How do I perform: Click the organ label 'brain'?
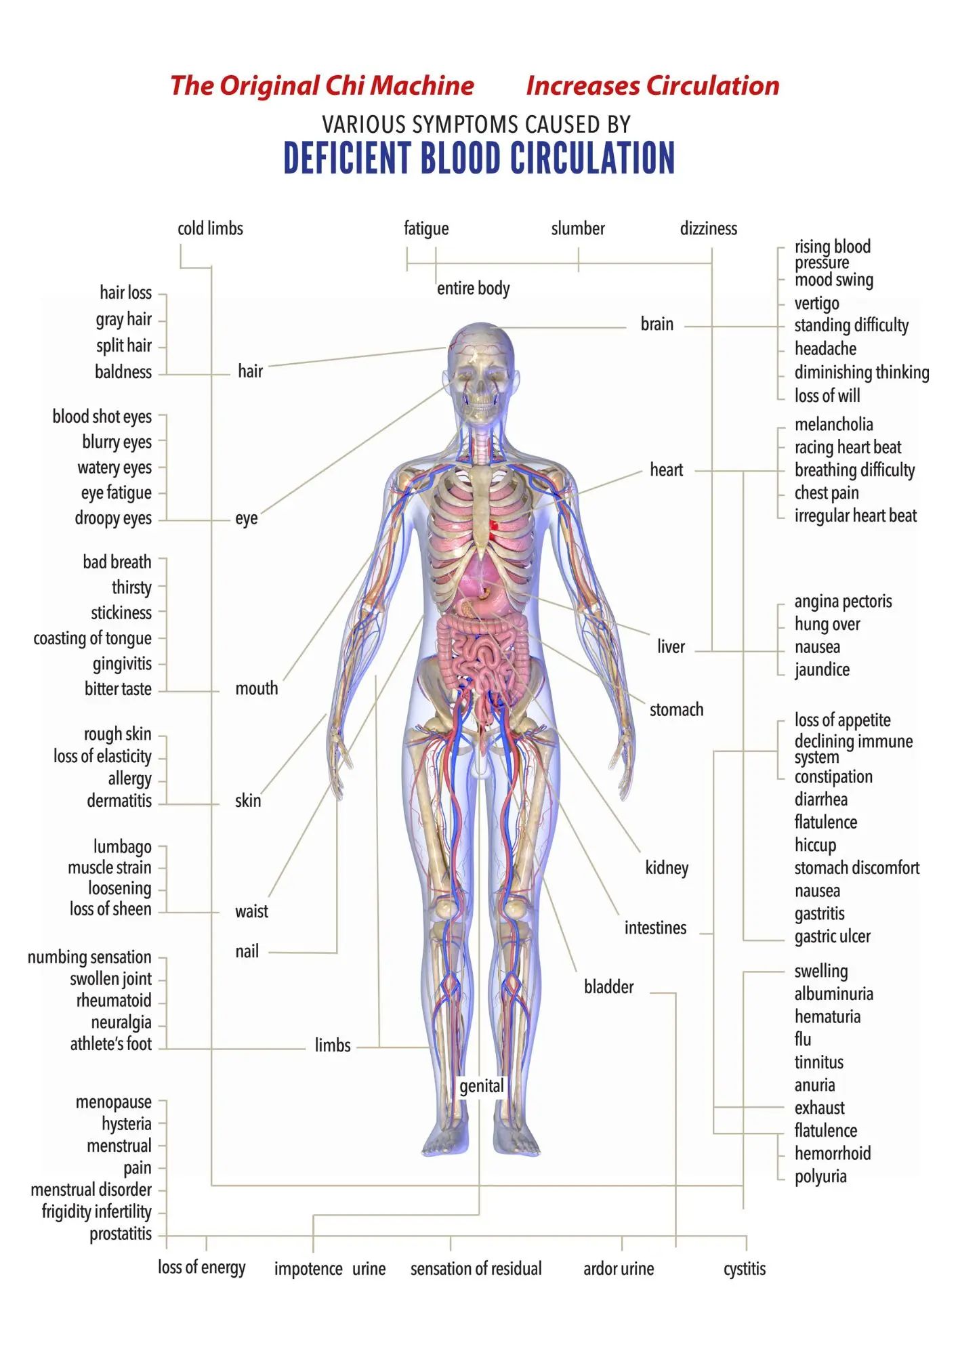(x=657, y=325)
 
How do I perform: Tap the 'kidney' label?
(x=667, y=868)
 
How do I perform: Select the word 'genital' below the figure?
(x=481, y=1087)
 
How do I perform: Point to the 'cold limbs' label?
(x=210, y=229)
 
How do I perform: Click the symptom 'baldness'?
(x=123, y=372)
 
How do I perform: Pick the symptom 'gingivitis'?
(x=122, y=664)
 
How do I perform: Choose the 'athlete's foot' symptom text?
(x=111, y=1044)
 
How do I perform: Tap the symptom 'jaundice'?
(x=822, y=670)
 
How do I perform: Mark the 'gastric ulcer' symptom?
(x=832, y=937)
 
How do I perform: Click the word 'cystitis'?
(x=744, y=1269)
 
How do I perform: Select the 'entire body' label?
(x=473, y=289)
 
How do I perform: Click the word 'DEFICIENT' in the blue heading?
(x=347, y=158)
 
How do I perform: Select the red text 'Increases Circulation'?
(x=652, y=86)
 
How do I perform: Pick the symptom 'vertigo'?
(x=816, y=304)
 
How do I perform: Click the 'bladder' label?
(x=608, y=987)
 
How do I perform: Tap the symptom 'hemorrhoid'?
(x=832, y=1154)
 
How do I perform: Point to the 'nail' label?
(x=247, y=952)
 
